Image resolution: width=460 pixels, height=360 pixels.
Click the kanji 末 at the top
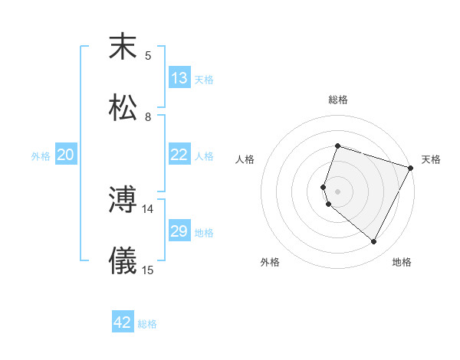coord(123,47)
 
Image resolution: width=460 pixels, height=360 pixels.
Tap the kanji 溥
coord(123,200)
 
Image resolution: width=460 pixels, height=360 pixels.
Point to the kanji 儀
coord(123,261)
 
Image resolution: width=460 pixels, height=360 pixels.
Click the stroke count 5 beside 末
coord(148,55)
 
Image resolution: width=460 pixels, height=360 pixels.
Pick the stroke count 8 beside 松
coord(148,117)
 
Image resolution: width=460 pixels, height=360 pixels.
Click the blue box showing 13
coord(179,78)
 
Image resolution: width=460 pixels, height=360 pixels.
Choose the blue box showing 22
coord(179,155)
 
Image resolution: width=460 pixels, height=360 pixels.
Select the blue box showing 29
coord(179,231)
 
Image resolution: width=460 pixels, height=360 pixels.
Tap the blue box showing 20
coord(65,155)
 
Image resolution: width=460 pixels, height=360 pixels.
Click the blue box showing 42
coord(123,322)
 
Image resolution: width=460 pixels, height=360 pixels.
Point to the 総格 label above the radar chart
coord(338,100)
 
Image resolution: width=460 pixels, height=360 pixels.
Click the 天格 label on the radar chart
coord(431,159)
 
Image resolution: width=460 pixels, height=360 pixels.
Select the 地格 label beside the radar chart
coord(402,262)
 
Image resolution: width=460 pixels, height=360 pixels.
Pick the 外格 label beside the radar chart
coord(270,262)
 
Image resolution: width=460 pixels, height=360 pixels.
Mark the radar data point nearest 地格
coord(374,242)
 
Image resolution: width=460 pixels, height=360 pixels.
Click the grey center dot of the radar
coord(337,191)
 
